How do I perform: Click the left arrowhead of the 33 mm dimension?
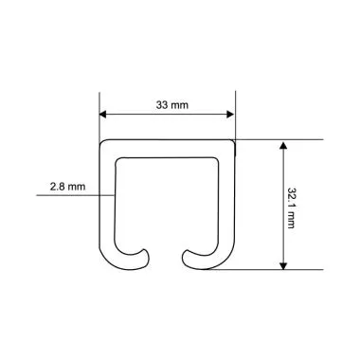104,117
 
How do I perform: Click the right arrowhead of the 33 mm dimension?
230,117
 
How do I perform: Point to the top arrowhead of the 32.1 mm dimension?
282,144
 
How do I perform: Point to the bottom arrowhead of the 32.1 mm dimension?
282,266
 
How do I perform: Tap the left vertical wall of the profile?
108,204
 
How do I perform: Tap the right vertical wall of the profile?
227,204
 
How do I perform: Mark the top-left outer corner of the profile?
101,141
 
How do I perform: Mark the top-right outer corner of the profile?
234,141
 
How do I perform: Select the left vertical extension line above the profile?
100,114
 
